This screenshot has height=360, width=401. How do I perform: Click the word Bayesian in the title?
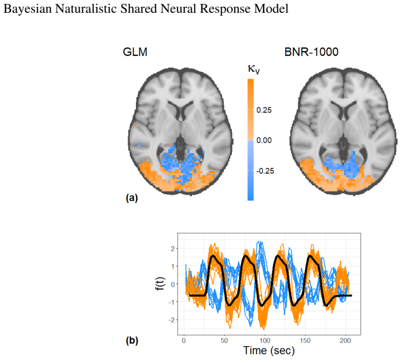27,9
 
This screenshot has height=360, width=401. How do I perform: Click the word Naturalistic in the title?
86,8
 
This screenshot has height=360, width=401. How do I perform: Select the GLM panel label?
135,52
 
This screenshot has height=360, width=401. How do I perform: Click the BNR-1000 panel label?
311,52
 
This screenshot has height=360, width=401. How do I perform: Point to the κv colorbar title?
253,69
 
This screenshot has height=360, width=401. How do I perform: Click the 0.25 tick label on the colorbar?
264,110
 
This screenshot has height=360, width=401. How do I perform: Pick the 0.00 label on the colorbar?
264,140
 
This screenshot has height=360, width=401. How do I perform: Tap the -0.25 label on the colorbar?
265,171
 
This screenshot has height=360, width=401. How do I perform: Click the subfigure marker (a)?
132,198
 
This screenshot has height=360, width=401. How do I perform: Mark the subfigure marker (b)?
132,341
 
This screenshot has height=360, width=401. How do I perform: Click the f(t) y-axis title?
160,284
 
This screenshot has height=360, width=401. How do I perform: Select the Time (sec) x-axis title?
269,350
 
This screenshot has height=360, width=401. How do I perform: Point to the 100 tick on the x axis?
265,341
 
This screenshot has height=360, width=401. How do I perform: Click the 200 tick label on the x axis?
346,341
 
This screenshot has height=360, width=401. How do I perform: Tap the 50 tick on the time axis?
224,341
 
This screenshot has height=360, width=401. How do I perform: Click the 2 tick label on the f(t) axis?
173,249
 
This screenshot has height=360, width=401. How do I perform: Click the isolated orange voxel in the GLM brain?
137,126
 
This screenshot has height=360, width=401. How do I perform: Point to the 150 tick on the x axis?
305,341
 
